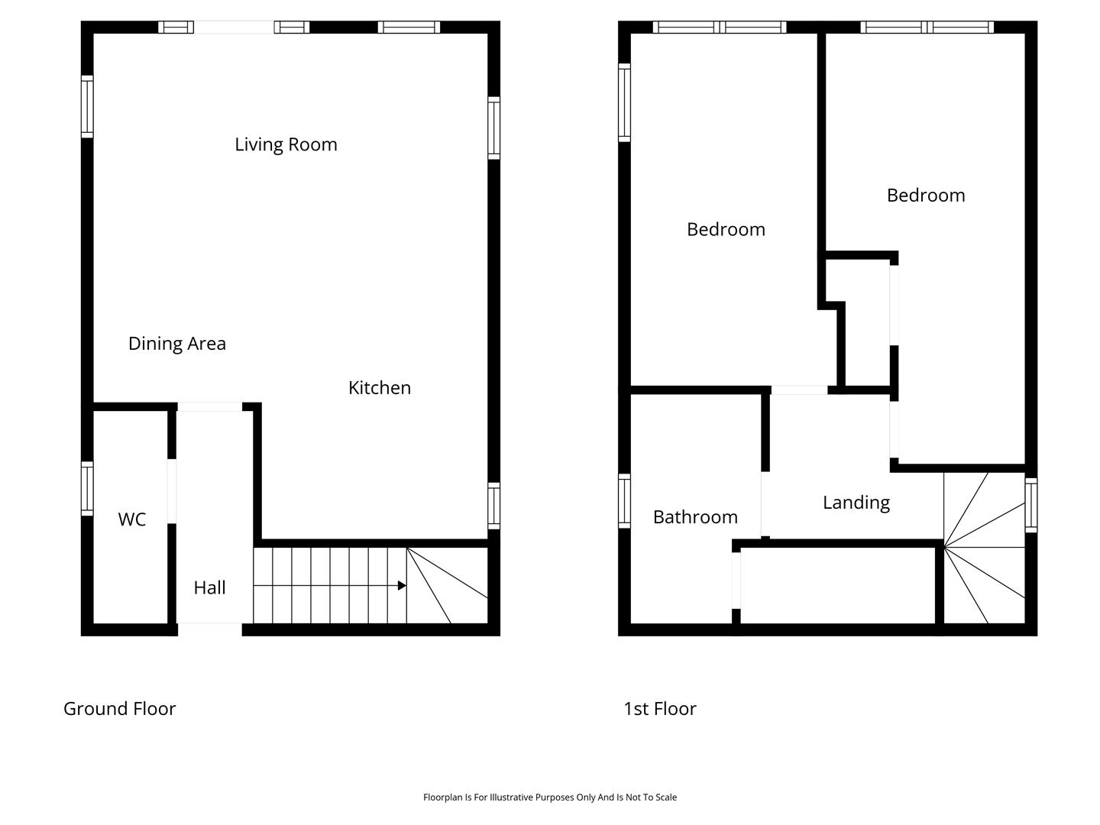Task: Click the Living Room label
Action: [x=286, y=145]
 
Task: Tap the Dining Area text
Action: [x=177, y=344]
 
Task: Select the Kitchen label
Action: [x=380, y=388]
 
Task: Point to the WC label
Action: [x=132, y=519]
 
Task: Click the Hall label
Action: [x=209, y=587]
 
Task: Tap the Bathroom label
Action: [x=695, y=517]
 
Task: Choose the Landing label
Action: [x=856, y=503]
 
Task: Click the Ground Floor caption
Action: [x=119, y=709]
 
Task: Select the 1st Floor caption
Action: [x=659, y=709]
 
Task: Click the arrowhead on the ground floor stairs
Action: [x=402, y=586]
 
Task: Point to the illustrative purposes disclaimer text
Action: [x=550, y=797]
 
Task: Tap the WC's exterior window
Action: [x=87, y=488]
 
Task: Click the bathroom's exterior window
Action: [x=624, y=501]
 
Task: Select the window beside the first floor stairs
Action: [x=1030, y=505]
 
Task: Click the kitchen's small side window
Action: [x=493, y=506]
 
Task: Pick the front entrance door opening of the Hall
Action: [x=210, y=629]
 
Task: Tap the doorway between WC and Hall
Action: [x=171, y=491]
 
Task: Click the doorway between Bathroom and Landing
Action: [x=765, y=504]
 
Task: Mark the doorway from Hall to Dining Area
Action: [x=210, y=406]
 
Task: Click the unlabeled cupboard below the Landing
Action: [x=838, y=585]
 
